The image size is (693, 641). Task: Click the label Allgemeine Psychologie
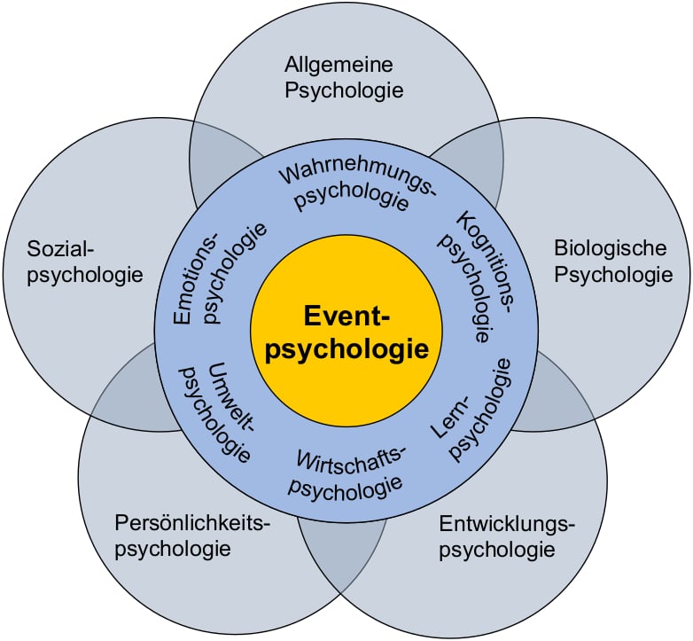tap(344, 77)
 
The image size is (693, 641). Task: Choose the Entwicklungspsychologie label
tap(506, 535)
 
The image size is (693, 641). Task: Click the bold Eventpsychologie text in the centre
tap(346, 332)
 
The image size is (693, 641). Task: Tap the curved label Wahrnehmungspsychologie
tap(354, 184)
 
